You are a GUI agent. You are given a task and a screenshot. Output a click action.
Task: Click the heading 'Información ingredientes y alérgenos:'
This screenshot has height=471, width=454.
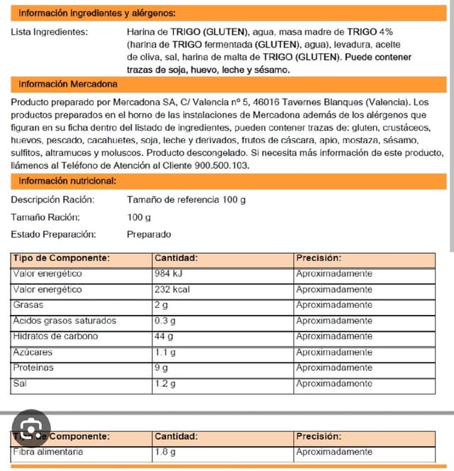[x=97, y=13]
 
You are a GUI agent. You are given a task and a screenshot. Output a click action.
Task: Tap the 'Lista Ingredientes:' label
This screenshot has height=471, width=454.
[x=50, y=32]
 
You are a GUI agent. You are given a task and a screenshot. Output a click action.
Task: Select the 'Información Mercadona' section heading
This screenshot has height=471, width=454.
[x=68, y=84]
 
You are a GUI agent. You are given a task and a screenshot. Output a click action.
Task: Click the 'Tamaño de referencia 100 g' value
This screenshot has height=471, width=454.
[x=186, y=199]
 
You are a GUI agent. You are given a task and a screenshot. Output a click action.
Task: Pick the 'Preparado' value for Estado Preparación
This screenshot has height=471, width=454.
[x=149, y=234]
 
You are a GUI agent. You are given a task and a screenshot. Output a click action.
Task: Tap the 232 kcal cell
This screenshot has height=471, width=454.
[x=172, y=289]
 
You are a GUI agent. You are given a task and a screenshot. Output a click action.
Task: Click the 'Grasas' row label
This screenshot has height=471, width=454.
[x=28, y=305]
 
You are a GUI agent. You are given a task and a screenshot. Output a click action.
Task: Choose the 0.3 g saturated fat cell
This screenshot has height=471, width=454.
[x=165, y=321]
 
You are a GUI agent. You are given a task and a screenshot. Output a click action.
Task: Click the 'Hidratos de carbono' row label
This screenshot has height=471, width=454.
[x=55, y=336]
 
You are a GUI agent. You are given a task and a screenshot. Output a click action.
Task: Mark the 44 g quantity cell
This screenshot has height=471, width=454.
[x=165, y=336]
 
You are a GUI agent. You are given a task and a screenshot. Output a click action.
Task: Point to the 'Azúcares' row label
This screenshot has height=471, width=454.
[x=33, y=352]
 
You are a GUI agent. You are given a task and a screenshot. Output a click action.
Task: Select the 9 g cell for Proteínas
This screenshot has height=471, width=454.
[x=162, y=368]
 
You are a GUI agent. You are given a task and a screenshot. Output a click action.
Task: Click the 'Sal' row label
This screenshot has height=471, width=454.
[x=20, y=384]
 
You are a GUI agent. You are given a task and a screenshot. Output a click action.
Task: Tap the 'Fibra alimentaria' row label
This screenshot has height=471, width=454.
[x=48, y=452]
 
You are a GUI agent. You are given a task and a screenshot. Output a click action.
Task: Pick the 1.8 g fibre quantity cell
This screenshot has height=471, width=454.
[x=165, y=452]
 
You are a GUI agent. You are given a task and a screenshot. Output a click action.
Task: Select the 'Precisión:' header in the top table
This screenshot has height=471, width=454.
[x=319, y=258]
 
